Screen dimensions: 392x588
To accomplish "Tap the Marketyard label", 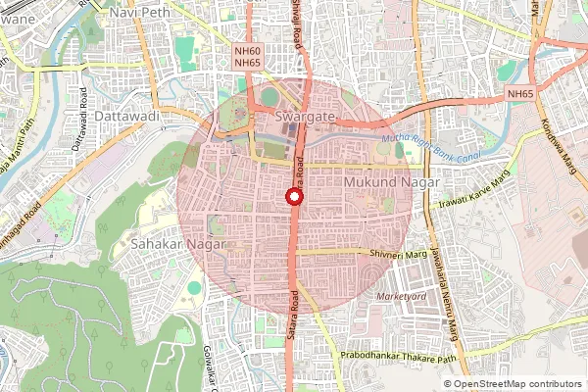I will (x=405, y=296).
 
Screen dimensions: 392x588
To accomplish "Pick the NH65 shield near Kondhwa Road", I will (x=521, y=93).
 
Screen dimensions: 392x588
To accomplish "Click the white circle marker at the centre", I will (x=293, y=197).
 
